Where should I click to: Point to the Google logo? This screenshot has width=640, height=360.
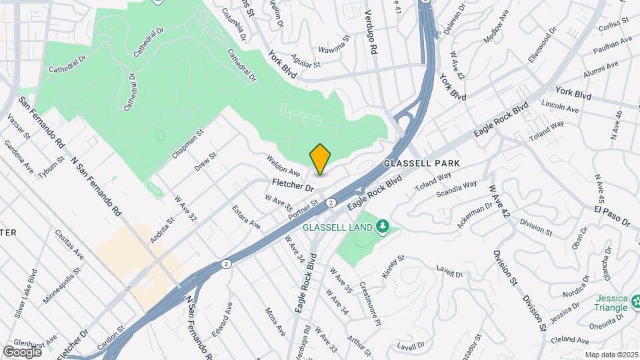coord(22,351)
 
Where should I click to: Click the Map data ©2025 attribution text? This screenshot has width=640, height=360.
coord(612,355)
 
